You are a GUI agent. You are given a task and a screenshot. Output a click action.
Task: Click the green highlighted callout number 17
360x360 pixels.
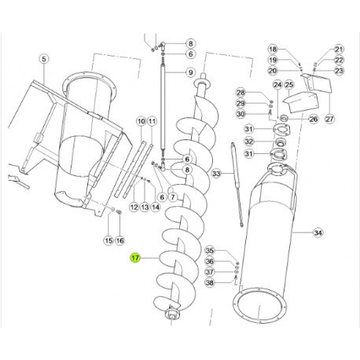point(135,258)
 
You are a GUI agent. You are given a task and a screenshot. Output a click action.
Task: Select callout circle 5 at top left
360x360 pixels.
point(43,58)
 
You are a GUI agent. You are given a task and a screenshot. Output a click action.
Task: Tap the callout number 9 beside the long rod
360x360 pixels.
point(190,72)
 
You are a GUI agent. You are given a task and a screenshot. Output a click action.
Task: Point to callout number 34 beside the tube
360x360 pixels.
point(318,233)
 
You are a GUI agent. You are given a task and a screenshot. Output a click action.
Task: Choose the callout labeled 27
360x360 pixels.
point(329,119)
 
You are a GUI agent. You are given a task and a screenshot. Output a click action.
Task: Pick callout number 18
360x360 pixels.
point(273,49)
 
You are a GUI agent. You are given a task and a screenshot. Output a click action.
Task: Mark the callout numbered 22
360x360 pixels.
point(339,60)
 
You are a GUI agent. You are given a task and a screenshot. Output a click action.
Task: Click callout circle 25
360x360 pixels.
point(288,85)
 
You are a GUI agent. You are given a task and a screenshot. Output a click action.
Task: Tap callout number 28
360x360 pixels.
point(241,93)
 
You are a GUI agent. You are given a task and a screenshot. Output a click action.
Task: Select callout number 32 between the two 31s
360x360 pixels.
point(248,141)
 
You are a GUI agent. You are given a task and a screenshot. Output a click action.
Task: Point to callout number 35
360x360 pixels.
point(209,250)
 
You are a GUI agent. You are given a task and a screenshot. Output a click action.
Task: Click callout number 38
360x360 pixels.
point(209,283)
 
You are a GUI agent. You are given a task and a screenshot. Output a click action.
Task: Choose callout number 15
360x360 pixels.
point(108,239)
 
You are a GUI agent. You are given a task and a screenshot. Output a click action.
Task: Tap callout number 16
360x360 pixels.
point(119,239)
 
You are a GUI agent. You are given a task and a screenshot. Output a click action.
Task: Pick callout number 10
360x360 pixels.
point(141,121)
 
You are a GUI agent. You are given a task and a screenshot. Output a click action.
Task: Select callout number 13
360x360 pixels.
point(145,207)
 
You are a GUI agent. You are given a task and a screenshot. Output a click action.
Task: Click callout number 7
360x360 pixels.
point(172,197)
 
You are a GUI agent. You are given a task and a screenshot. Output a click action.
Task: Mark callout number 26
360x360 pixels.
point(313,119)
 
